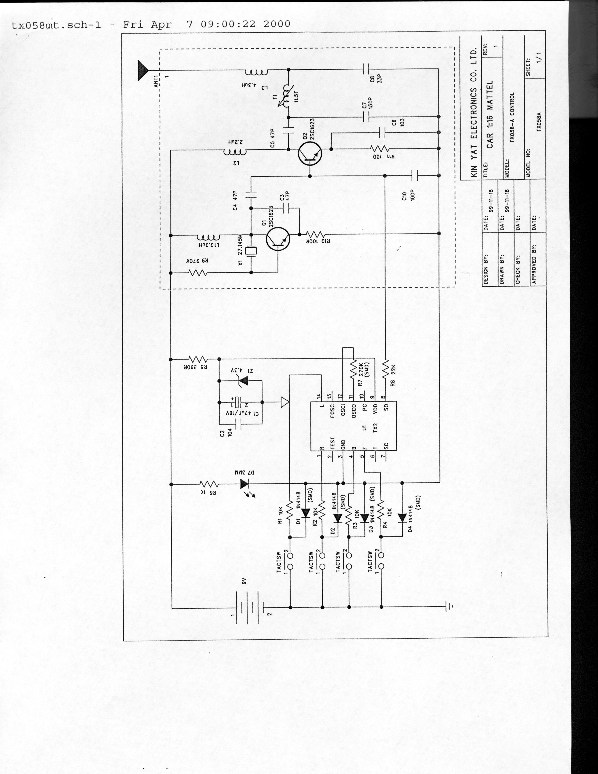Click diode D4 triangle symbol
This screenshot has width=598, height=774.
(402, 518)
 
